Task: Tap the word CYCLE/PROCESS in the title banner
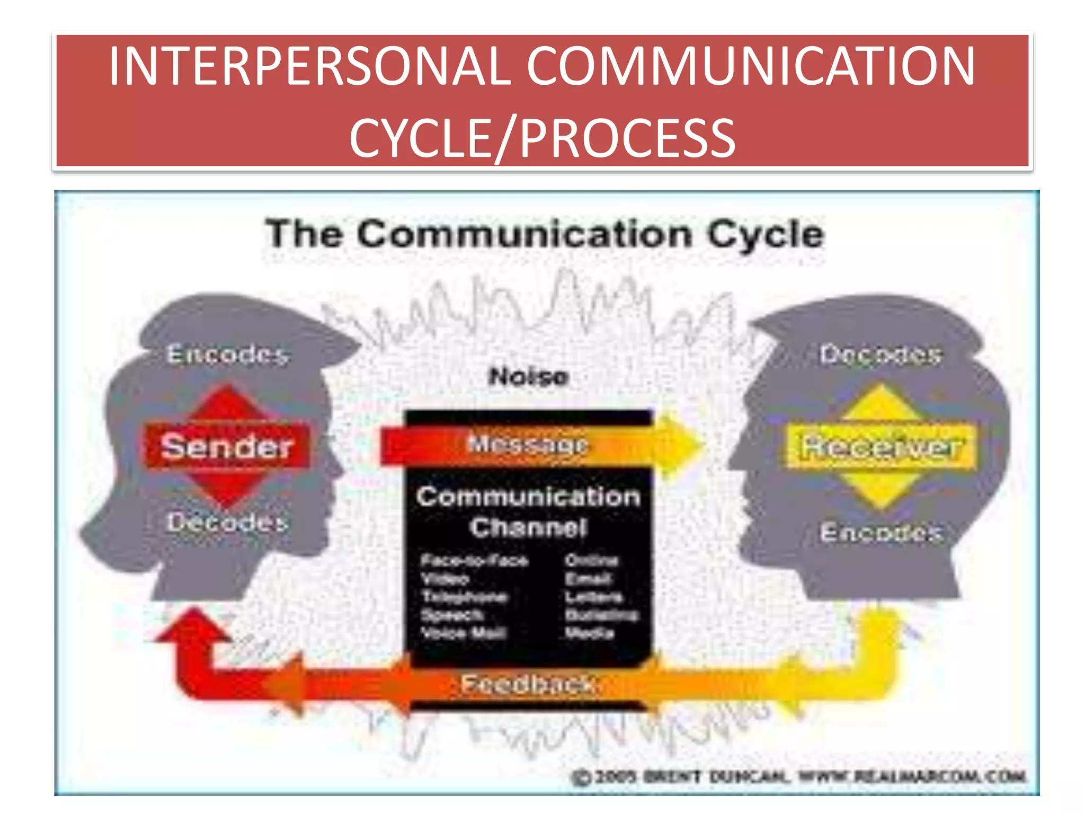click(x=542, y=138)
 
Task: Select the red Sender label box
click(x=227, y=446)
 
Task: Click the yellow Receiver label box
click(x=880, y=447)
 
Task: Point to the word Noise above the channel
click(x=529, y=377)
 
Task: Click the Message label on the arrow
click(x=528, y=444)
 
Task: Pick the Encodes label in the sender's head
click(x=228, y=354)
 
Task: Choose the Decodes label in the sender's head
click(x=228, y=523)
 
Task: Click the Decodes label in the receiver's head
click(x=881, y=354)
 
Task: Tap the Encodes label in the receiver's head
click(x=881, y=532)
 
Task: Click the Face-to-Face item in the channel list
click(x=475, y=560)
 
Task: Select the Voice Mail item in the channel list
click(x=464, y=633)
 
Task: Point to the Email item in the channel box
click(x=588, y=579)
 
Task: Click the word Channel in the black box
click(x=528, y=527)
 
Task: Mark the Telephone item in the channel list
click(x=464, y=597)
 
